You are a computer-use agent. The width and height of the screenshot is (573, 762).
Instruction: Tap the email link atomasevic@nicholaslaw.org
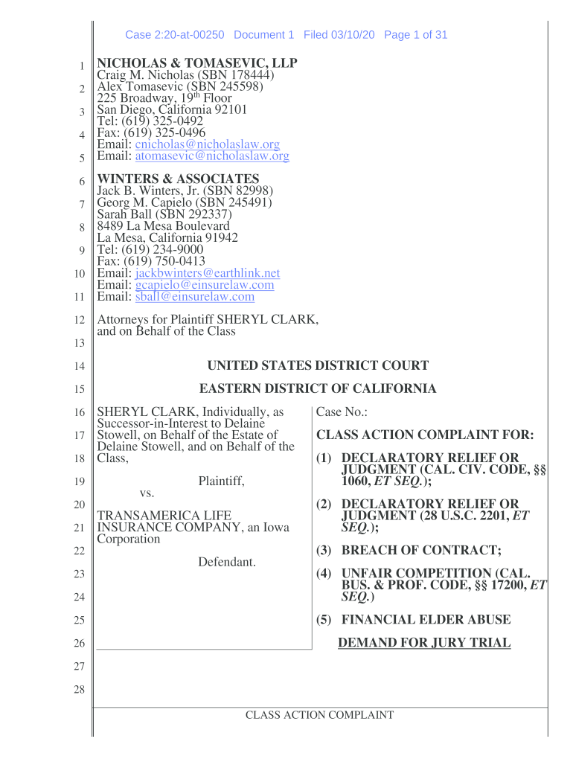click(x=211, y=156)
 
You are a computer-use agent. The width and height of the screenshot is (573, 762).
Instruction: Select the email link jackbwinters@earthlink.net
click(x=207, y=273)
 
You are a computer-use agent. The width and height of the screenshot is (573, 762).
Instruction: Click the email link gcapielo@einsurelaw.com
click(x=204, y=285)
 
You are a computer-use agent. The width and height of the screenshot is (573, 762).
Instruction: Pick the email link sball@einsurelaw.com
click(x=194, y=297)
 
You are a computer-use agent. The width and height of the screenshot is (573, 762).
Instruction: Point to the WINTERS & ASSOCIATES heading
click(x=179, y=179)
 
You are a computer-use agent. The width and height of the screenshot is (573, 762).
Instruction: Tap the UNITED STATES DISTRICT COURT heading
click(x=318, y=365)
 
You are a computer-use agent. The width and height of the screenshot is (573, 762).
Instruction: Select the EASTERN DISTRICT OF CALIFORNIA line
click(x=318, y=388)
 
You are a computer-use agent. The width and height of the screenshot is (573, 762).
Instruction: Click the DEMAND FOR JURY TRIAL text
click(x=424, y=643)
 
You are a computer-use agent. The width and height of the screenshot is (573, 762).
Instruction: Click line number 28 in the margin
click(x=79, y=690)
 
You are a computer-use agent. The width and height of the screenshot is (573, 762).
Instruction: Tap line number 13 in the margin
click(x=79, y=343)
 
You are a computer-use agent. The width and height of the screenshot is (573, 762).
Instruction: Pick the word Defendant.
click(x=227, y=562)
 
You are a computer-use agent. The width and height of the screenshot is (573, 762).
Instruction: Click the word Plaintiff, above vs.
click(x=221, y=481)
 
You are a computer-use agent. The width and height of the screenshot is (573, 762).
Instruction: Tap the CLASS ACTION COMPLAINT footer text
click(x=319, y=715)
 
